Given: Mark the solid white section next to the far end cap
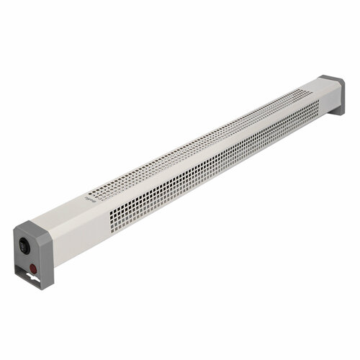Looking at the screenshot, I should coord(320,101).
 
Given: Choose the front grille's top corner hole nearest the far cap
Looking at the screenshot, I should coord(315,102).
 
